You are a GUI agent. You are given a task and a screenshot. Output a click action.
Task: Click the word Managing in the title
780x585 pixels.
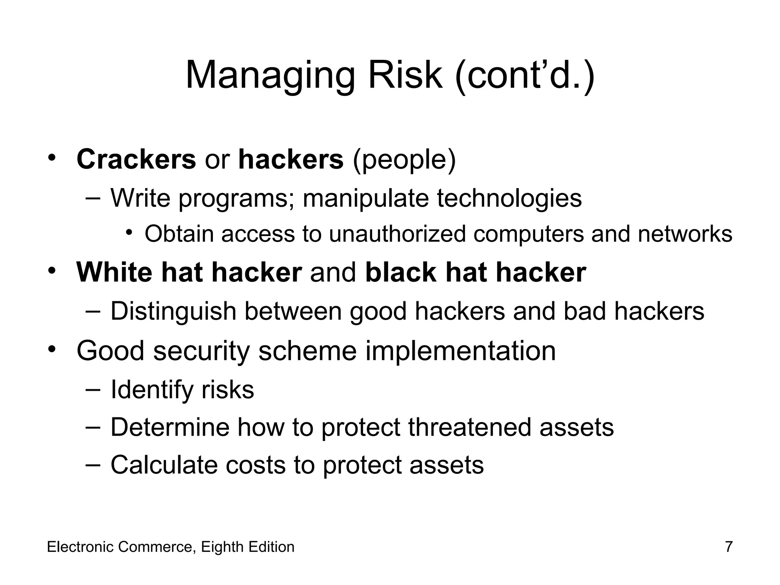pos(270,76)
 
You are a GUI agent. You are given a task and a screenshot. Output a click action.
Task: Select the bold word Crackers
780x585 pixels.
pos(136,159)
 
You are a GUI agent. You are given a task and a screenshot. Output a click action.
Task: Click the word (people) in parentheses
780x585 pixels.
pos(404,160)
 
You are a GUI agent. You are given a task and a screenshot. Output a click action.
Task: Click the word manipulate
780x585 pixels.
pos(365,199)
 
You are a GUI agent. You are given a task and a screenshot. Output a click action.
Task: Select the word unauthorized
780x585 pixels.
pos(397,233)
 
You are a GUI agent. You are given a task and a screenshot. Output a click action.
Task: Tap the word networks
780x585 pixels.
pos(685,233)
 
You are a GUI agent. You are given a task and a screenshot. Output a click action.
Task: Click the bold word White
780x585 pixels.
pos(114,272)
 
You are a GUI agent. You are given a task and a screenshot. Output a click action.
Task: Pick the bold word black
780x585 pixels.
pos(401,272)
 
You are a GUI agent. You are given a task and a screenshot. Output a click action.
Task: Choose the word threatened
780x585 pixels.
pos(469,427)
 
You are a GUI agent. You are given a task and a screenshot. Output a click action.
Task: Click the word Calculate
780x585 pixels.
pos(164,465)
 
